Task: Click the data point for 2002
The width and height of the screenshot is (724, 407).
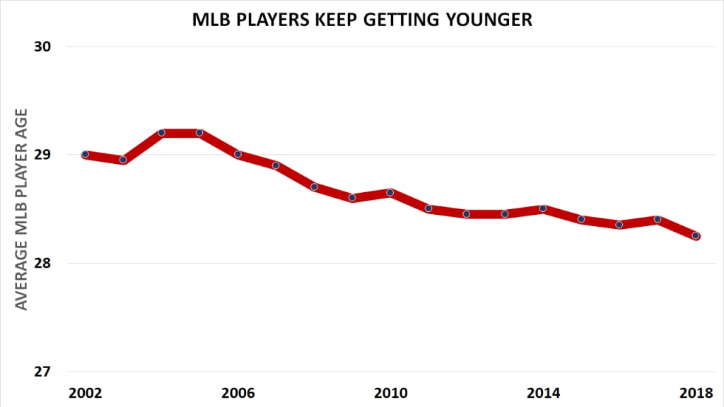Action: (85, 154)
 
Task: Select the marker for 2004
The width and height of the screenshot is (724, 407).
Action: (161, 133)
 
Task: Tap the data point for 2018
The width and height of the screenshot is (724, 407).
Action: (696, 235)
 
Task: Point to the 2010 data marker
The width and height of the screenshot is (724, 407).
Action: (390, 192)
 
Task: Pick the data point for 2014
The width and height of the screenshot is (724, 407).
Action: (543, 208)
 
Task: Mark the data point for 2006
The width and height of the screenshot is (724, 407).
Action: (238, 154)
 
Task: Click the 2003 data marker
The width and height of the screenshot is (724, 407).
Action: (123, 160)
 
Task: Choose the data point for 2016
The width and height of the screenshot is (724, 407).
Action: (619, 225)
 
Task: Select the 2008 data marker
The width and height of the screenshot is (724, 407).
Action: (314, 187)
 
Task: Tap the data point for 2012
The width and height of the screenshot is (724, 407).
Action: (467, 214)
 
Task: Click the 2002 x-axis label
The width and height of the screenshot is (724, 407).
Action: (85, 393)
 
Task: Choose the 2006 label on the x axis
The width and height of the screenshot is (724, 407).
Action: (238, 393)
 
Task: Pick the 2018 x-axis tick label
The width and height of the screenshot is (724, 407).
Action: (696, 393)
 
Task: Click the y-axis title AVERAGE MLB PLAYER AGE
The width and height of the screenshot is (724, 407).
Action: (22, 209)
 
